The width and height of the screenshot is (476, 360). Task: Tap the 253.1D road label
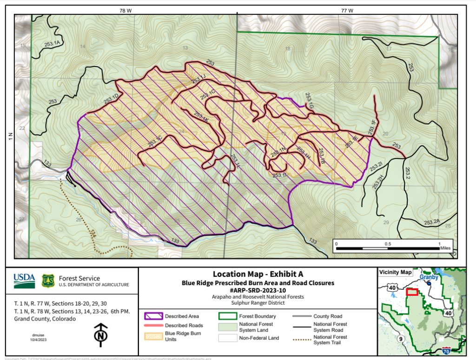111,98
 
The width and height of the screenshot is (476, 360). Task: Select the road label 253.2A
432,222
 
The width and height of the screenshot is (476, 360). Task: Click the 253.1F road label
372,127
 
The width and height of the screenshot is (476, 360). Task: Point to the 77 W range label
346,10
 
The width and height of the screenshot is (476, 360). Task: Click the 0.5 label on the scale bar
387,243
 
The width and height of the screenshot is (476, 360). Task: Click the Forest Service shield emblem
48,280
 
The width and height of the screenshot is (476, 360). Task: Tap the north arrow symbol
99,334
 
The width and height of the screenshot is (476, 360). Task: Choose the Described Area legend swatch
154,316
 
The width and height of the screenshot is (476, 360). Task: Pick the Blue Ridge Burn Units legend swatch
154,335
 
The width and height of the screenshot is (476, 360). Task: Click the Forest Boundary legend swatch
226,316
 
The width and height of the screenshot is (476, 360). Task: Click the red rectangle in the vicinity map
412,292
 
